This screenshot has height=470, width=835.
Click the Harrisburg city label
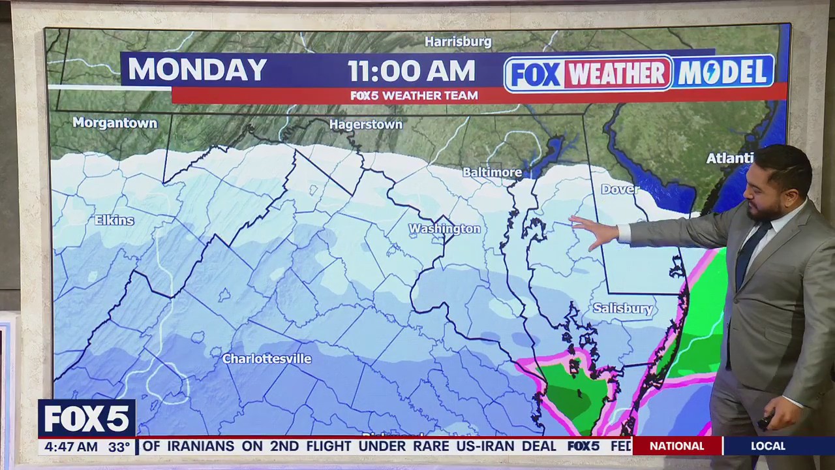(458, 42)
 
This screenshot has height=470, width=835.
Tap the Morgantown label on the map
(115, 123)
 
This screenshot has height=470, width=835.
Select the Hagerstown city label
(366, 124)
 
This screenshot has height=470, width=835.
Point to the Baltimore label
(492, 172)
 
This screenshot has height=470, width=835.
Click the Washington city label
(444, 228)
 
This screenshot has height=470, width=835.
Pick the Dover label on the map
(620, 189)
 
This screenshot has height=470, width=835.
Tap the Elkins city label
(114, 220)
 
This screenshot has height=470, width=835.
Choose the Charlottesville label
(267, 358)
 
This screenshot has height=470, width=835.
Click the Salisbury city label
(622, 308)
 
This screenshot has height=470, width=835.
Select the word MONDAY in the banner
(197, 70)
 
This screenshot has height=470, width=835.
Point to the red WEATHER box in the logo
(617, 73)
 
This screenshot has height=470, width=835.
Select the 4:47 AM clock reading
(68, 447)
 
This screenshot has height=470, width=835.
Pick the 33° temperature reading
(119, 447)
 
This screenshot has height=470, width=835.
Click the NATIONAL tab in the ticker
(676, 446)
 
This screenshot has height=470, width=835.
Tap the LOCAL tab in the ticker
(768, 446)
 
